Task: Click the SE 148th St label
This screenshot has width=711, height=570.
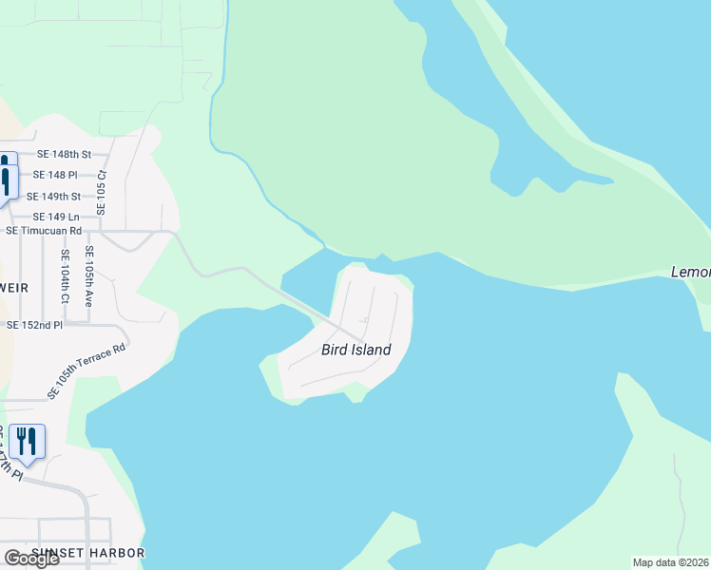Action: [x=64, y=154]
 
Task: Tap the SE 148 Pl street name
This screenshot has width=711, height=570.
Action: [x=54, y=175]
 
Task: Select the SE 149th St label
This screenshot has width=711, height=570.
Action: [x=54, y=197]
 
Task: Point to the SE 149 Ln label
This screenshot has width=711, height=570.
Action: [x=55, y=217]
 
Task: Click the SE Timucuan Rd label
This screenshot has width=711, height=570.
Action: [x=44, y=230]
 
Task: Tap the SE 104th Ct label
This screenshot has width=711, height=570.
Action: [x=65, y=276]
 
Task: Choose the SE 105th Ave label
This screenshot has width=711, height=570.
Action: [x=88, y=275]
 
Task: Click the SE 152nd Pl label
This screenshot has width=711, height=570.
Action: [x=34, y=325]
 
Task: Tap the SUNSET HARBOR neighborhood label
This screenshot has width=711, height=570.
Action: [x=87, y=553]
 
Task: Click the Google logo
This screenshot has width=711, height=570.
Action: [x=30, y=559]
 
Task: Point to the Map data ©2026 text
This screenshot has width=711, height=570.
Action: [x=671, y=562]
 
